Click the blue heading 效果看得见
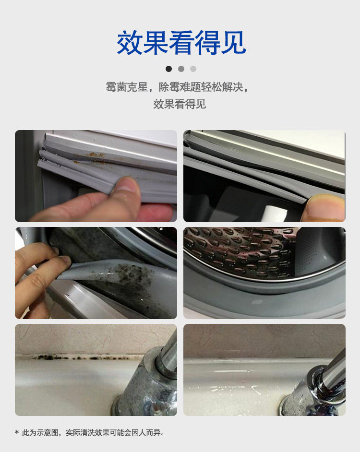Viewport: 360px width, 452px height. (x=181, y=43)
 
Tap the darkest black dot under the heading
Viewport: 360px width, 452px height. (x=168, y=69)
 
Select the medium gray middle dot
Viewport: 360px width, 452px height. (x=181, y=69)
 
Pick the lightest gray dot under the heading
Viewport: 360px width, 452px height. (x=193, y=69)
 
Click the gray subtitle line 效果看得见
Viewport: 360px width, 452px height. (x=180, y=104)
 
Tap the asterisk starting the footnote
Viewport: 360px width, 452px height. (x=17, y=433)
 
